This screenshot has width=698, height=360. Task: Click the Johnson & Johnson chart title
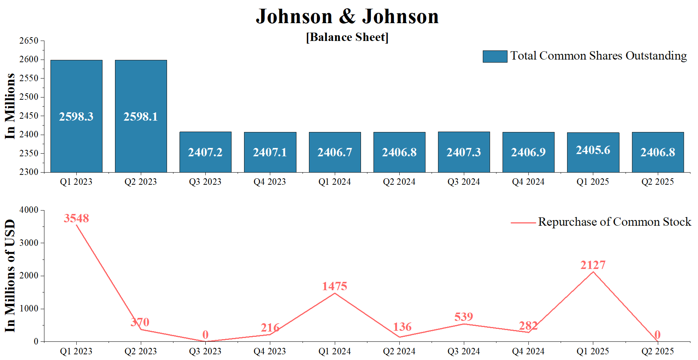pos(347,16)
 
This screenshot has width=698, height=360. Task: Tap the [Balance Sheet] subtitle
pos(347,37)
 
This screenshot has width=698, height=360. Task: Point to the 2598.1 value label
pos(140,116)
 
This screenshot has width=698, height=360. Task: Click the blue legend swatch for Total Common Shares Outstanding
pos(495,56)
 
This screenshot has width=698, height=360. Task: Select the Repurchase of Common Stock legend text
pos(614,222)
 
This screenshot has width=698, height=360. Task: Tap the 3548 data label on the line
pos(76,219)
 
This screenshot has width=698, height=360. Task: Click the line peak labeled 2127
pos(593,272)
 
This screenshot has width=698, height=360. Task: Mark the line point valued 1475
pos(334,293)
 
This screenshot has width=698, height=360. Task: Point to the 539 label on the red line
pos(463,317)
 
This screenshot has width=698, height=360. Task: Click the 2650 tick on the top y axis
pos(29,41)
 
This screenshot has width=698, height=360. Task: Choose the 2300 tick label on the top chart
pos(29,172)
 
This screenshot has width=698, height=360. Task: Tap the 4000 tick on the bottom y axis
pos(29,210)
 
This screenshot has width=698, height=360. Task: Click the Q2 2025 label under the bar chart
pos(657,182)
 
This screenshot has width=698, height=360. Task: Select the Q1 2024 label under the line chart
pos(334,351)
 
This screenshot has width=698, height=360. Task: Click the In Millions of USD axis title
pos(10,276)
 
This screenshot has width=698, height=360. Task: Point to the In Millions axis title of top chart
pos(10,106)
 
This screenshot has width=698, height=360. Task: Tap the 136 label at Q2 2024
pos(402,327)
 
